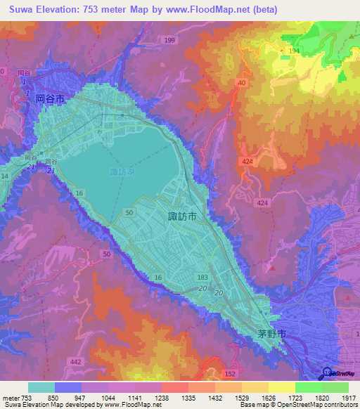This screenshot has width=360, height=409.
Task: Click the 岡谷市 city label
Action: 50,100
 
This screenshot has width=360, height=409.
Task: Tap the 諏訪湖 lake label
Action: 124,171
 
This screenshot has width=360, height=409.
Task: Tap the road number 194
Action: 293,53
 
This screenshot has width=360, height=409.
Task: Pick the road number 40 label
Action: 241,83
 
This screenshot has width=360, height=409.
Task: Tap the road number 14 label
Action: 4,176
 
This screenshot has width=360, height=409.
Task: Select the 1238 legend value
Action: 161,398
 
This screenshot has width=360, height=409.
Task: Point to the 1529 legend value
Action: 241,398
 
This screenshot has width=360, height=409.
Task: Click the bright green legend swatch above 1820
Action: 308,387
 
